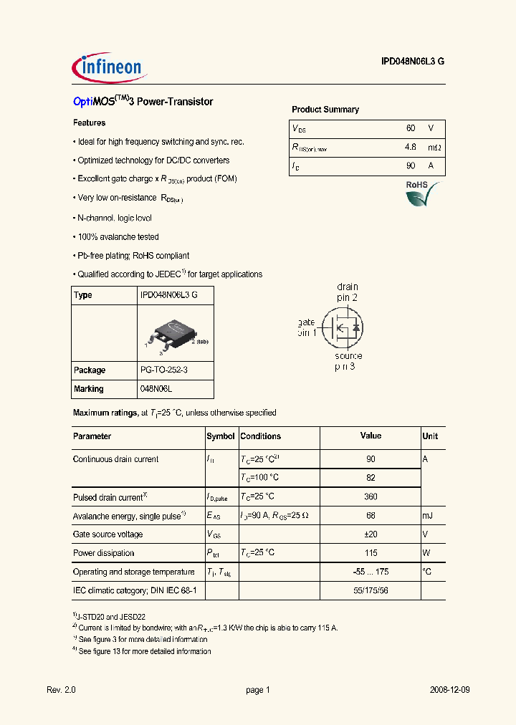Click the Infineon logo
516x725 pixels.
click(110, 67)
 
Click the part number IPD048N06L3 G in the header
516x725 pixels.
click(412, 62)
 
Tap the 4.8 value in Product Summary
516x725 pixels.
click(410, 148)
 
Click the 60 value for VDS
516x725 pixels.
click(410, 128)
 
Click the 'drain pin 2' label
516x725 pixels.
click(347, 292)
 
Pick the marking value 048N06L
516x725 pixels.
click(156, 389)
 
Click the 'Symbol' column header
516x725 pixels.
click(221, 436)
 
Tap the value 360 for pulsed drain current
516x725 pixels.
click(371, 497)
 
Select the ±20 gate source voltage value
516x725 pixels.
click(371, 534)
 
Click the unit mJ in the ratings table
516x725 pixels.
click(429, 516)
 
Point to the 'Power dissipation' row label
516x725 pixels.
click(103, 553)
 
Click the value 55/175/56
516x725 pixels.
click(371, 590)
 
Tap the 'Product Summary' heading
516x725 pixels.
click(325, 110)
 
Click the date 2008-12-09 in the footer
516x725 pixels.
click(450, 690)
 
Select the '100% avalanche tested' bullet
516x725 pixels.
click(118, 236)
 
